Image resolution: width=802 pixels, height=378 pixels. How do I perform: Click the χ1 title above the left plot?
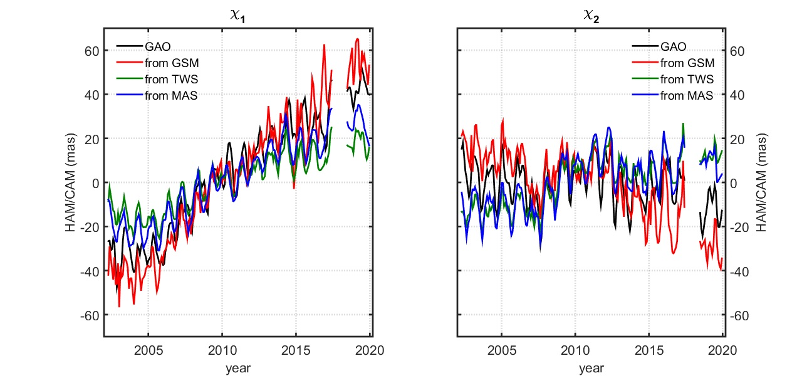coord(238,17)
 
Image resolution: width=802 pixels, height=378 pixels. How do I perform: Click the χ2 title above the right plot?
coord(591,17)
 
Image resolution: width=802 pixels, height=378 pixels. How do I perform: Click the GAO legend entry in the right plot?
coord(672,46)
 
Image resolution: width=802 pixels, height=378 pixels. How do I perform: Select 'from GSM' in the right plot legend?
coord(687,63)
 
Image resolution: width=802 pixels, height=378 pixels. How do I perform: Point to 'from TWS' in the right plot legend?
coord(687,79)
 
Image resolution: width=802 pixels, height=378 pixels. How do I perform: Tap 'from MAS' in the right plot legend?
coord(687,95)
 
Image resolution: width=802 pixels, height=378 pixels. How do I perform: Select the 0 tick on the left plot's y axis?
coord(95,182)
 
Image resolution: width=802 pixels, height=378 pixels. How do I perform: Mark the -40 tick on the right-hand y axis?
coord(740,271)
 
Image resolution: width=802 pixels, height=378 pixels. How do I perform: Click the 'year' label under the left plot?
coord(238,368)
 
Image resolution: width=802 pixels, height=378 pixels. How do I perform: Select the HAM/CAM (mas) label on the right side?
coord(761,182)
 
